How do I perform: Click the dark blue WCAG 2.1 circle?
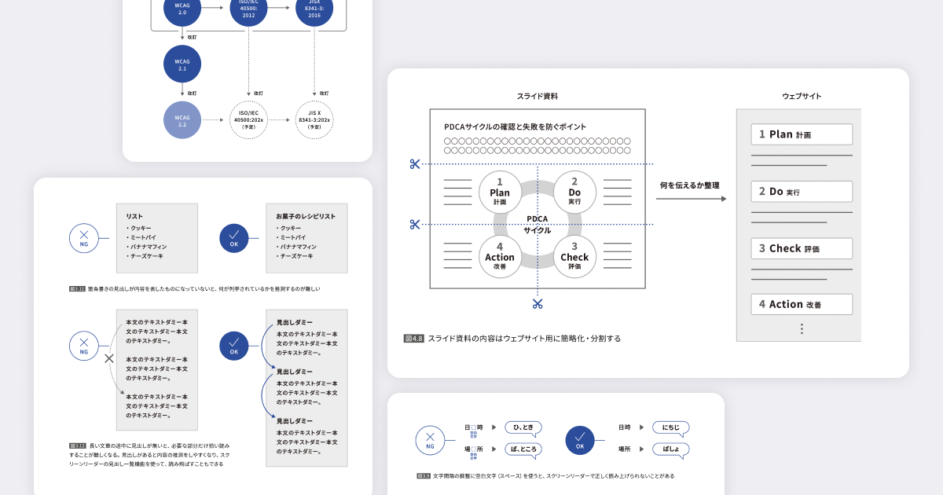click(x=182, y=64)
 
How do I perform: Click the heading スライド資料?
click(x=538, y=97)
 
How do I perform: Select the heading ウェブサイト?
click(x=802, y=97)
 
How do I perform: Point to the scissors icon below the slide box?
click(x=538, y=304)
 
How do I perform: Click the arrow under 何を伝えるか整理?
click(x=691, y=199)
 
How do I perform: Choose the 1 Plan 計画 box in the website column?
click(x=802, y=134)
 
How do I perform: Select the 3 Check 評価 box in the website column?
click(x=802, y=248)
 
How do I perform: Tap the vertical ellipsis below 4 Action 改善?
click(x=802, y=329)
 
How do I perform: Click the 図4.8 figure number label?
click(x=414, y=339)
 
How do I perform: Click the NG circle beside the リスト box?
click(x=84, y=236)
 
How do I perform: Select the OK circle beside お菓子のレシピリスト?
click(x=233, y=236)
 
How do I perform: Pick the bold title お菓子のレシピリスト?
click(x=306, y=216)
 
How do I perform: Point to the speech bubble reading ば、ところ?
click(x=525, y=449)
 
